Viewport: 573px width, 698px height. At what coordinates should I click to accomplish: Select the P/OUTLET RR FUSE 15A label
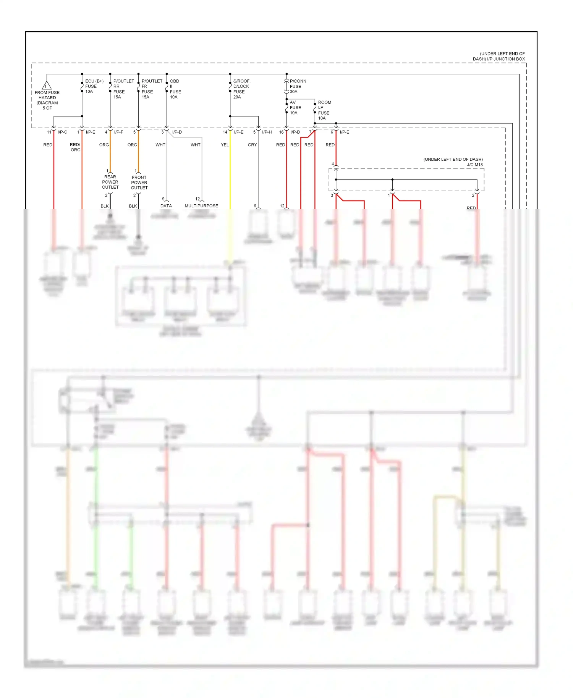[123, 89]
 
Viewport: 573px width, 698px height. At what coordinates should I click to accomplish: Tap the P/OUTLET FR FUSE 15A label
[151, 89]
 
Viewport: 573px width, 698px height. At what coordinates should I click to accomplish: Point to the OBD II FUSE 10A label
[175, 89]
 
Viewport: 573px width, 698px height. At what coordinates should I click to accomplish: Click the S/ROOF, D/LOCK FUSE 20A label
[241, 89]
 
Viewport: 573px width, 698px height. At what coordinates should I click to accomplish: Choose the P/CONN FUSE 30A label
[297, 86]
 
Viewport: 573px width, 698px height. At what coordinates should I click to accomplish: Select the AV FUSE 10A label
[295, 108]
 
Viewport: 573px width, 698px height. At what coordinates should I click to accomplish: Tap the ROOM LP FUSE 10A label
[324, 110]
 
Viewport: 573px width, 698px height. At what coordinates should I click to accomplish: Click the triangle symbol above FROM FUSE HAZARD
[47, 86]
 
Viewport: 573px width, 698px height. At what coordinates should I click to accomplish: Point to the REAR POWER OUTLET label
[110, 182]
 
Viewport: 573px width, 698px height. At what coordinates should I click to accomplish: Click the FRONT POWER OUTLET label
[139, 183]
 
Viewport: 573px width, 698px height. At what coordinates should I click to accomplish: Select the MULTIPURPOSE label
[201, 206]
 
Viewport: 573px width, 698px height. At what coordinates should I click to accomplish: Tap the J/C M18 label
[475, 165]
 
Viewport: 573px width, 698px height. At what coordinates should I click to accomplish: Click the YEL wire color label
[225, 145]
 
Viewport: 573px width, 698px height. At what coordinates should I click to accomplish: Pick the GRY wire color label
[252, 145]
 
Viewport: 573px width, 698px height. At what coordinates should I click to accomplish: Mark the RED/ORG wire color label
[75, 147]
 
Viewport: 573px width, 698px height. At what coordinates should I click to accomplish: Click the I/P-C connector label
[62, 132]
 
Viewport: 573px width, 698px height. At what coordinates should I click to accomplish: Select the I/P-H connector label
[267, 132]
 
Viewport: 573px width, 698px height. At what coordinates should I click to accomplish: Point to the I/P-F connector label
[118, 132]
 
